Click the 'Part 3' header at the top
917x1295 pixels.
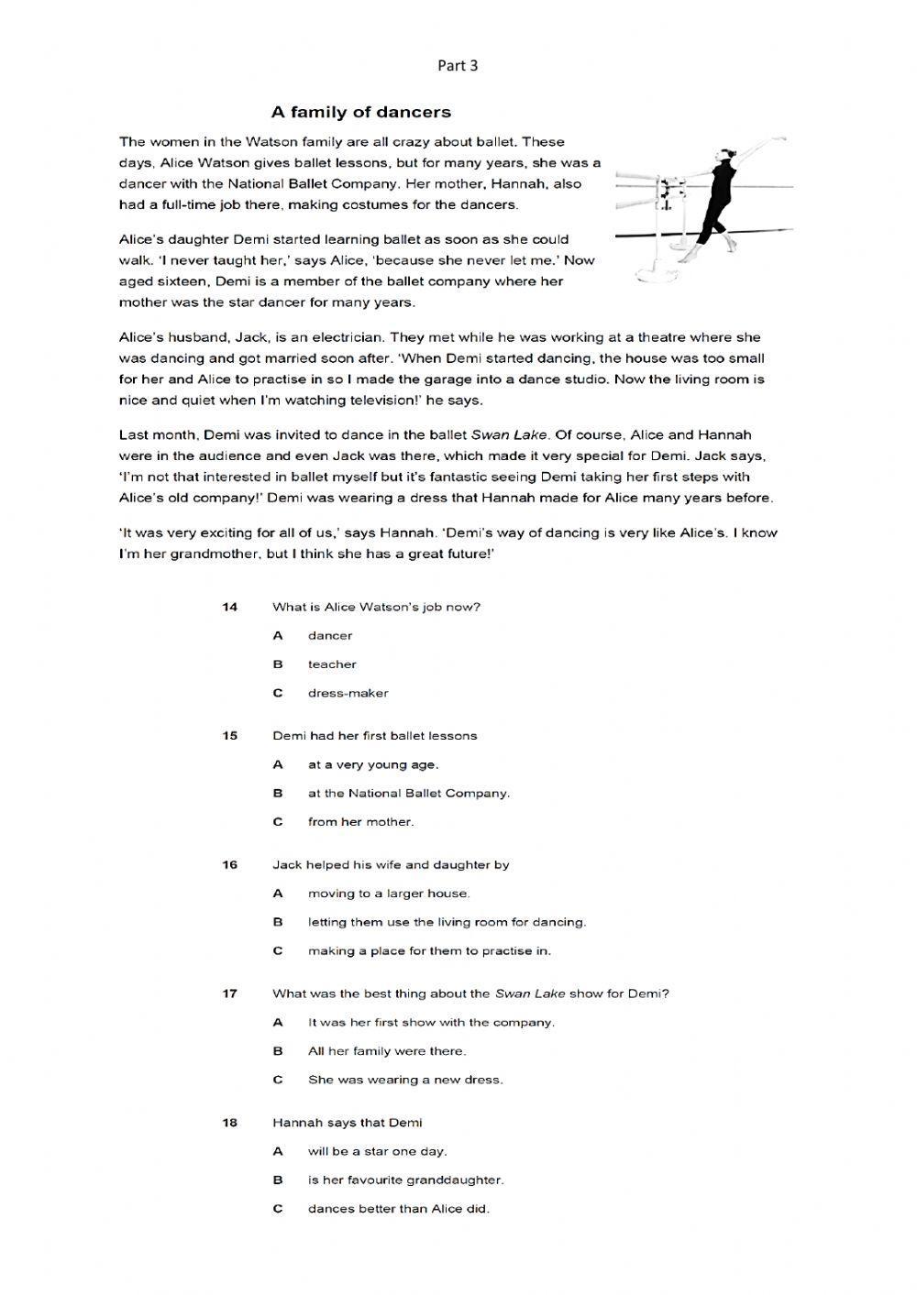point(457,65)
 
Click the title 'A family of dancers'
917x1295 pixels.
point(360,112)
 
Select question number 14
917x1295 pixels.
point(229,607)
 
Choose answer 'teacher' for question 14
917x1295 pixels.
point(332,664)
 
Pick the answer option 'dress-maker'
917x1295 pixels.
point(348,693)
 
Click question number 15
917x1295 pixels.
point(229,736)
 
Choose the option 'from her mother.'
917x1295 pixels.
point(360,822)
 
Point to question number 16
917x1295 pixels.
point(229,865)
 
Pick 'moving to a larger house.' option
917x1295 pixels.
point(389,894)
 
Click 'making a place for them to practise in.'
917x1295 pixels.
point(429,951)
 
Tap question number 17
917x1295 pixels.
point(229,993)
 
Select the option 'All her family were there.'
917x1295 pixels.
point(386,1051)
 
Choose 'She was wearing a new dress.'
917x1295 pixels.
point(405,1080)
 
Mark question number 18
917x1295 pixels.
point(229,1123)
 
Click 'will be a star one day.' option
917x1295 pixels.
point(377,1151)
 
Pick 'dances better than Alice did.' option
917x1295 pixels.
point(398,1209)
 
